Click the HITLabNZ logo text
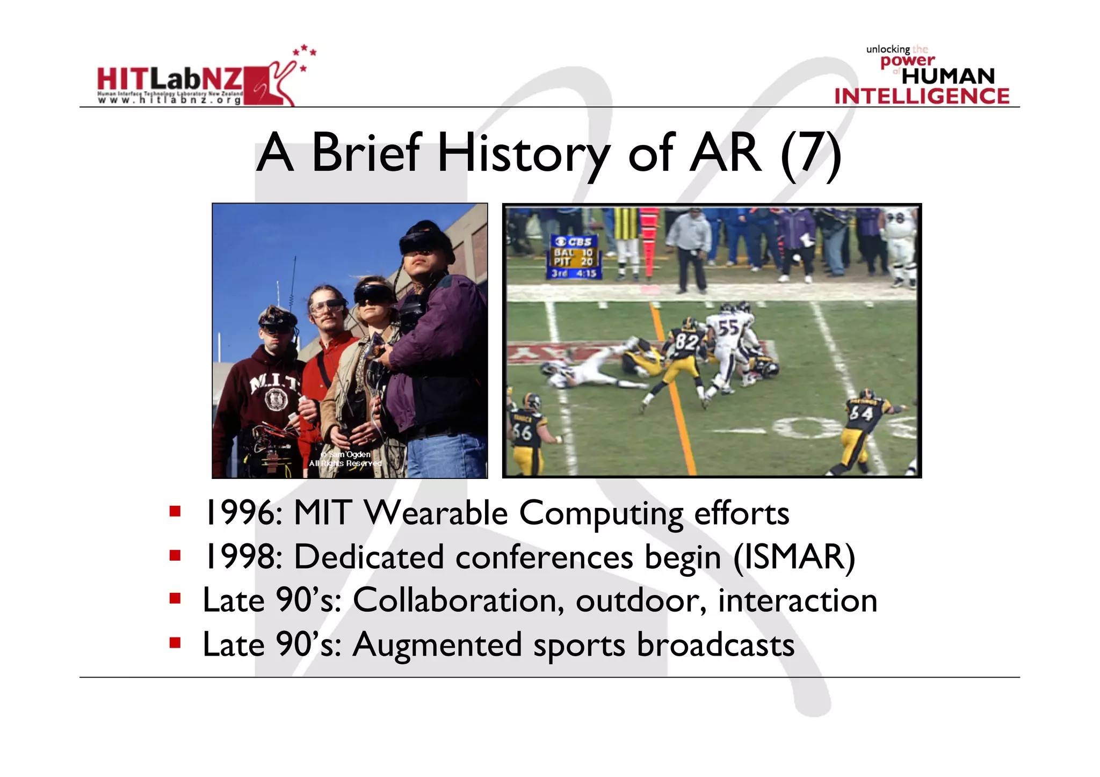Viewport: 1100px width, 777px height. (169, 79)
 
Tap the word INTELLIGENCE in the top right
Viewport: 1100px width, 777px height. (922, 96)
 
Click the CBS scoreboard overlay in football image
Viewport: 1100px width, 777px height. (575, 257)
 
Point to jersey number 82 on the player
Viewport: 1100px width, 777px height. (686, 342)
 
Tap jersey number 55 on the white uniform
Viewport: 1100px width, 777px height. (728, 328)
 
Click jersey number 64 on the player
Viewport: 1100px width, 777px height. (860, 413)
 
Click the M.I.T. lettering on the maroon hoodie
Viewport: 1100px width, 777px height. (274, 383)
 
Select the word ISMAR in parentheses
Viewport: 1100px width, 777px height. (794, 557)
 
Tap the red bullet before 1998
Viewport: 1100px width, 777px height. (175, 555)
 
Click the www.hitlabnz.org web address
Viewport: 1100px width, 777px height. (169, 100)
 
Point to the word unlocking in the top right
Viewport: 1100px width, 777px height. (887, 49)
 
